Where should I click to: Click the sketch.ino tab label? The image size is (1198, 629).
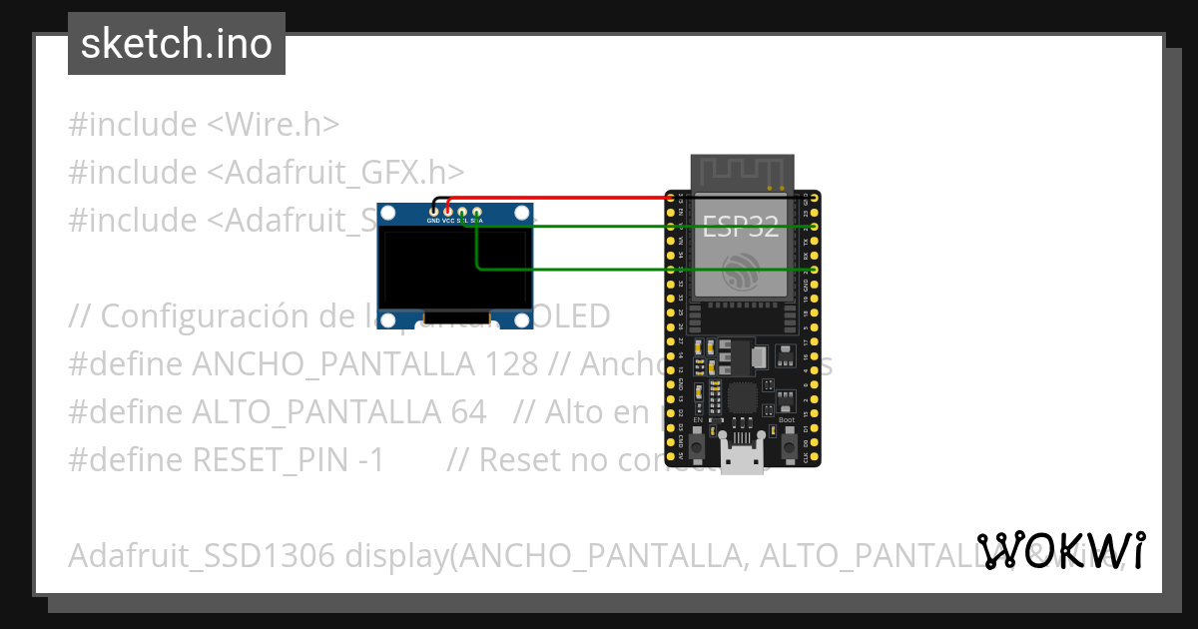pos(177,44)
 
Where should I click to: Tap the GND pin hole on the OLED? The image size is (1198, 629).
pos(433,212)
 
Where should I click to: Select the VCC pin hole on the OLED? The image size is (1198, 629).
pos(448,212)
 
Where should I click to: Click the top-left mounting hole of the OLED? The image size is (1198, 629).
pos(389,216)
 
